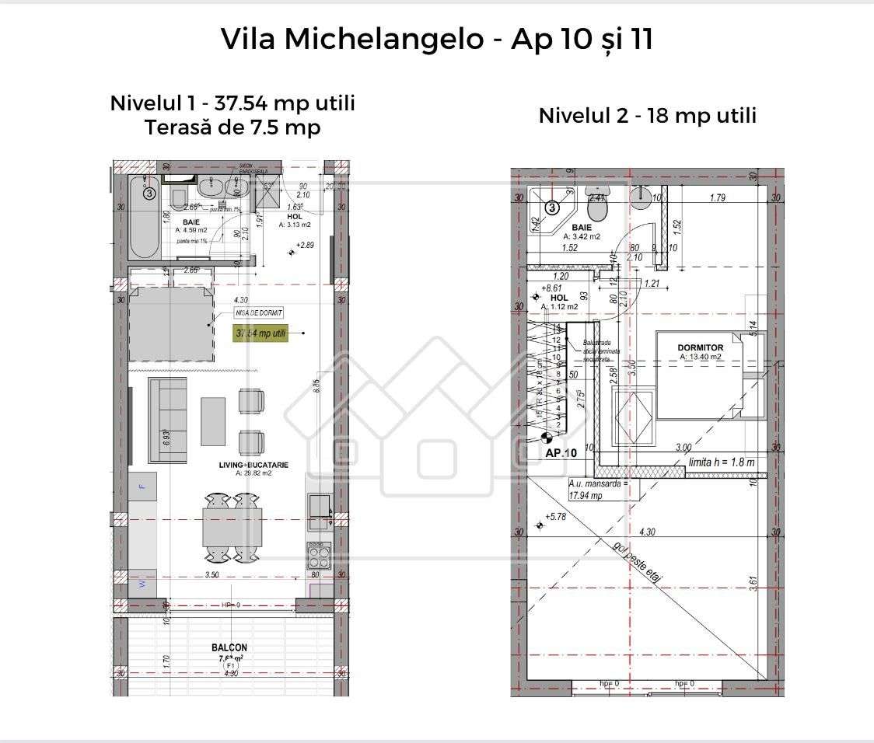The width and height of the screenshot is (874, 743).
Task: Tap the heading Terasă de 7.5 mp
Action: tap(232, 127)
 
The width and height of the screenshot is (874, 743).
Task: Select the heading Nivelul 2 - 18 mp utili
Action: tap(647, 116)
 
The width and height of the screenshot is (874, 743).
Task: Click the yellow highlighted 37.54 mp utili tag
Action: tap(260, 333)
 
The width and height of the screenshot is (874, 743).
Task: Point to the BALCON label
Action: tap(229, 647)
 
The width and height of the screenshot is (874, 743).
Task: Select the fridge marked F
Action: tap(142, 487)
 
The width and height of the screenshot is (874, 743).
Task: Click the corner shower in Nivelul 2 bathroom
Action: tap(550, 211)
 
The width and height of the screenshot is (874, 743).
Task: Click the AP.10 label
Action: tap(561, 452)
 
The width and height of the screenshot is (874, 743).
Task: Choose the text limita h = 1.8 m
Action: tap(722, 462)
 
